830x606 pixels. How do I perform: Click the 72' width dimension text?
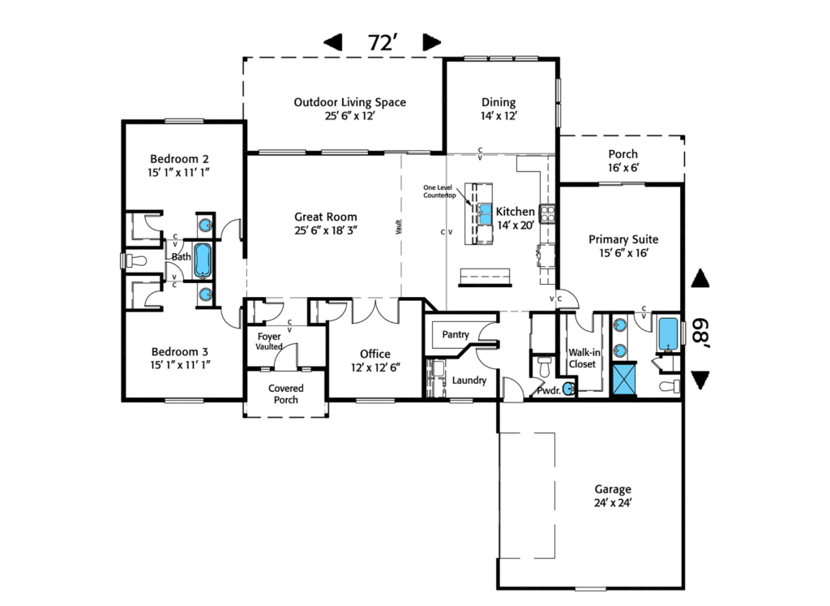point(381,43)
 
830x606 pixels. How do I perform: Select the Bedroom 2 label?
point(180,165)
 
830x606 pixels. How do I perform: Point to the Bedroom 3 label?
point(180,358)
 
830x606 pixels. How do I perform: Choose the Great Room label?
point(325,223)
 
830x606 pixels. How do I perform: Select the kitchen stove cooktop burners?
point(548,214)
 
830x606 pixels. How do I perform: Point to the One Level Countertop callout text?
point(441,190)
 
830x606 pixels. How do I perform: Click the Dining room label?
point(498,109)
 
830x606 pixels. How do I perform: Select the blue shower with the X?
point(625,379)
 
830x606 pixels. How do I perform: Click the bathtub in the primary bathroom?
point(668,333)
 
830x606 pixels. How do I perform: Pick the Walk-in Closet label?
point(583,359)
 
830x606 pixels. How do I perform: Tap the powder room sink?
point(568,389)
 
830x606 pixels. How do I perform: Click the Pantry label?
point(456,334)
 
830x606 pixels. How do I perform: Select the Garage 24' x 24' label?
point(613,496)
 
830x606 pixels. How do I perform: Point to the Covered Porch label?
point(286,394)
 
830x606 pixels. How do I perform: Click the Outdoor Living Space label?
point(349,109)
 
